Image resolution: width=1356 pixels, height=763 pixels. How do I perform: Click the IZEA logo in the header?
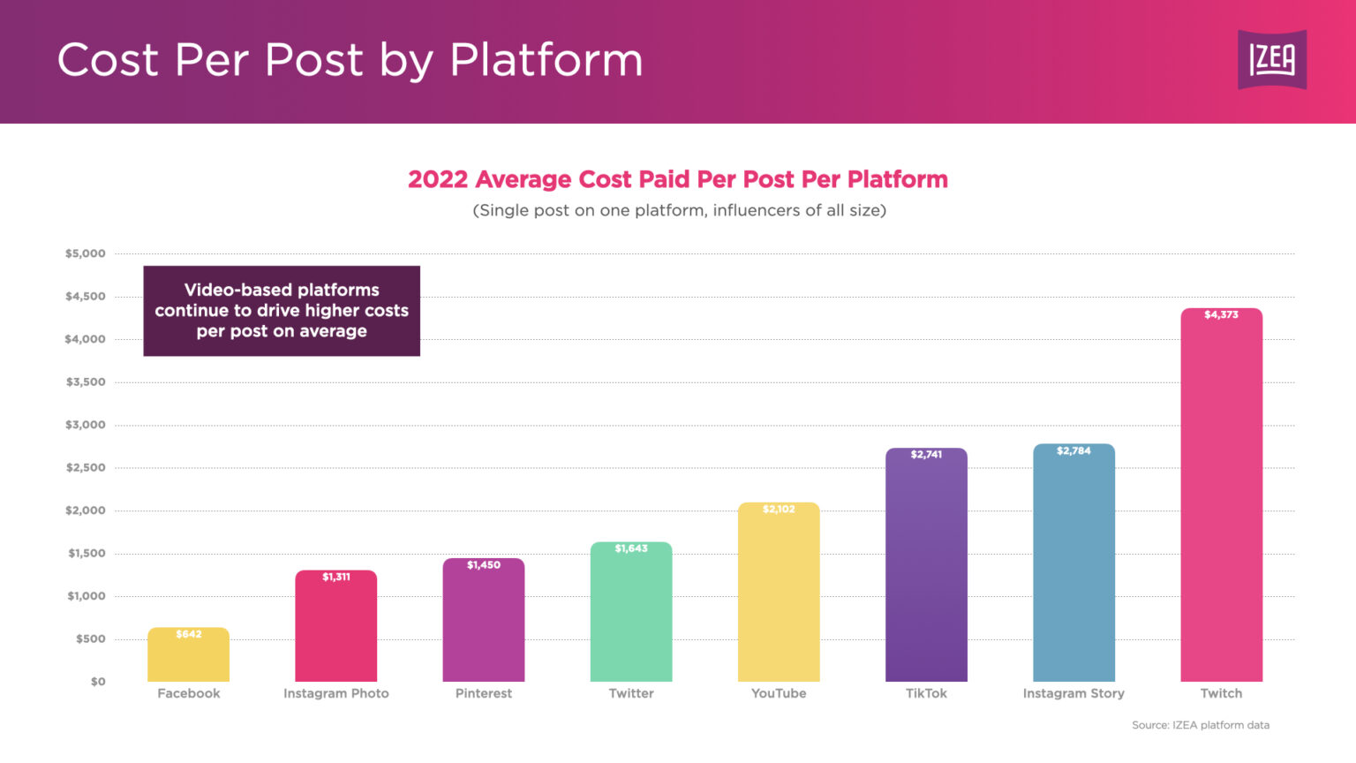1271,60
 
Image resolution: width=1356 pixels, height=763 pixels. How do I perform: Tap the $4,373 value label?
1221,315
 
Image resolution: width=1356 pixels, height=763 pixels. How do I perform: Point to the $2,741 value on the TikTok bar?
926,455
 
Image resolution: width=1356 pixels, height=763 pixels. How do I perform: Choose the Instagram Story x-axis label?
1073,694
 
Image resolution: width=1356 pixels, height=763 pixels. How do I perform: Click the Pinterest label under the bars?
483,694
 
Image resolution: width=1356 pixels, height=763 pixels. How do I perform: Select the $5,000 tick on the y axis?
85,254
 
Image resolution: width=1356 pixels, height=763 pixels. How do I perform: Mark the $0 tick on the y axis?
97,682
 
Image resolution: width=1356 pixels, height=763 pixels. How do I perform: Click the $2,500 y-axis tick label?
85,468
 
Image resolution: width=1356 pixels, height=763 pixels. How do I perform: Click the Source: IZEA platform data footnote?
1201,726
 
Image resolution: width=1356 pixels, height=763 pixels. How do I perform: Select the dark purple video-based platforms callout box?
282,311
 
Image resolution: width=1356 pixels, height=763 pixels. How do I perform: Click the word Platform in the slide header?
546,60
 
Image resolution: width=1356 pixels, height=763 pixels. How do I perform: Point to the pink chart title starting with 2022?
677,179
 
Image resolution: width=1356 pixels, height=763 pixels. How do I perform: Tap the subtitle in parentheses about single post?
679,210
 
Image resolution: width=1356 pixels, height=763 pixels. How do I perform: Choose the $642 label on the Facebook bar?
188,635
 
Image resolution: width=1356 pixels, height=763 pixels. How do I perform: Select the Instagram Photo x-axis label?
335,694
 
